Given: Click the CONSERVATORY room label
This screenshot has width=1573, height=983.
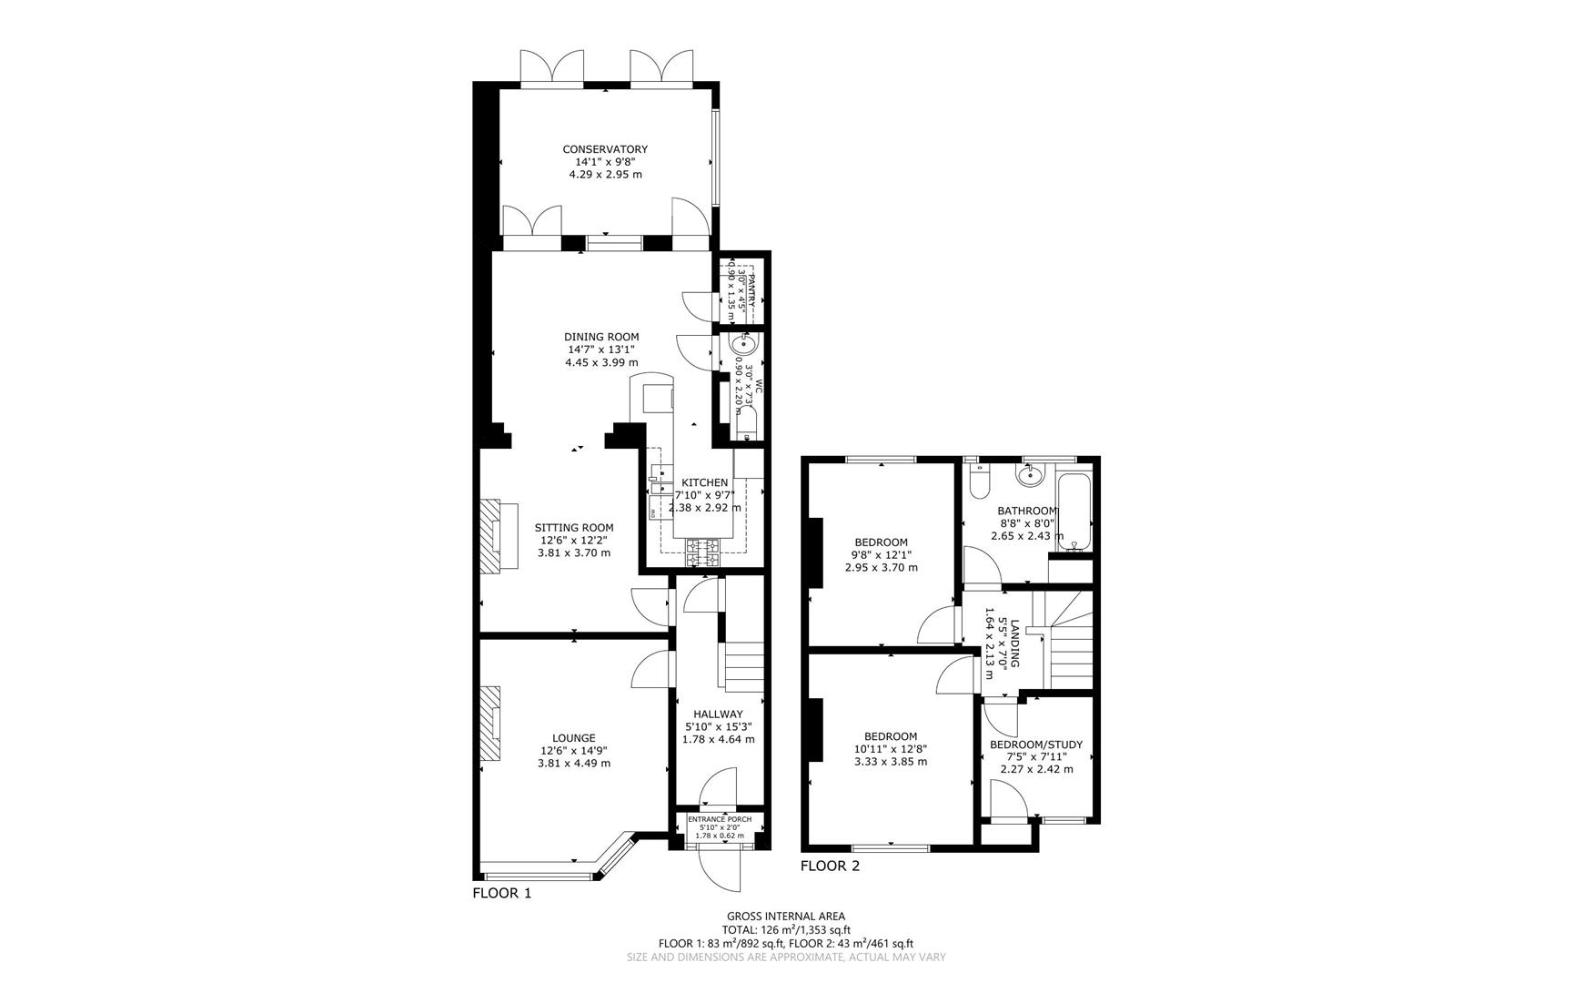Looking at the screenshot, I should click(x=605, y=149).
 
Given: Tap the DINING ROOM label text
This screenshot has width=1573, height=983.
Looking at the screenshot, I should click(x=601, y=337).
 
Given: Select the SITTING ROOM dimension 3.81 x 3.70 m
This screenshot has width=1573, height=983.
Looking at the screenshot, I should click(x=574, y=552).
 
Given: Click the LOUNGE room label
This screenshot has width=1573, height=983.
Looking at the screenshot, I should click(x=574, y=738).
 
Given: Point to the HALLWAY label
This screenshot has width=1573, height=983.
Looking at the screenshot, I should click(x=718, y=714).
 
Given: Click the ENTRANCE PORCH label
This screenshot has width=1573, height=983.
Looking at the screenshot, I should click(x=719, y=819).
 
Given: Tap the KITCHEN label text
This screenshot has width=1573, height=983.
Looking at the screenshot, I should click(x=705, y=482).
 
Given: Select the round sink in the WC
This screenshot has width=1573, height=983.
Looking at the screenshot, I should click(x=743, y=344).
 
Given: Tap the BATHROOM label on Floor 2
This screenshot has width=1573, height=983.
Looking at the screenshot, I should click(x=1027, y=512).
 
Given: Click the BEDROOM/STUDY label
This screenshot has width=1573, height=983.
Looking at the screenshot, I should click(x=1036, y=745).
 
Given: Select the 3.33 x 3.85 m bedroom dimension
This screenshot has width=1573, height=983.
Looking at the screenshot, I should click(x=891, y=762).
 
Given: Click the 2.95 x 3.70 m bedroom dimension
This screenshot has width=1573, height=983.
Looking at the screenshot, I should click(x=882, y=567).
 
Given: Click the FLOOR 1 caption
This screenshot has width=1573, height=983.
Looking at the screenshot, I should click(x=501, y=893).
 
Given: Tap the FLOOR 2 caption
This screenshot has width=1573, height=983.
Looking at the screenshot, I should click(x=830, y=866).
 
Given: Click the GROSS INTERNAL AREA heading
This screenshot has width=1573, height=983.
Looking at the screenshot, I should click(x=786, y=917).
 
